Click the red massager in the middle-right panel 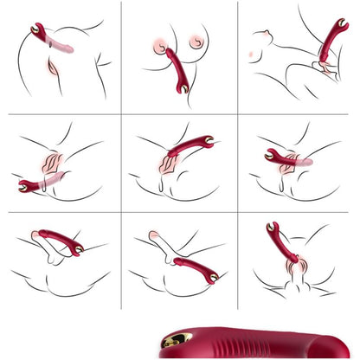click(284, 155)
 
